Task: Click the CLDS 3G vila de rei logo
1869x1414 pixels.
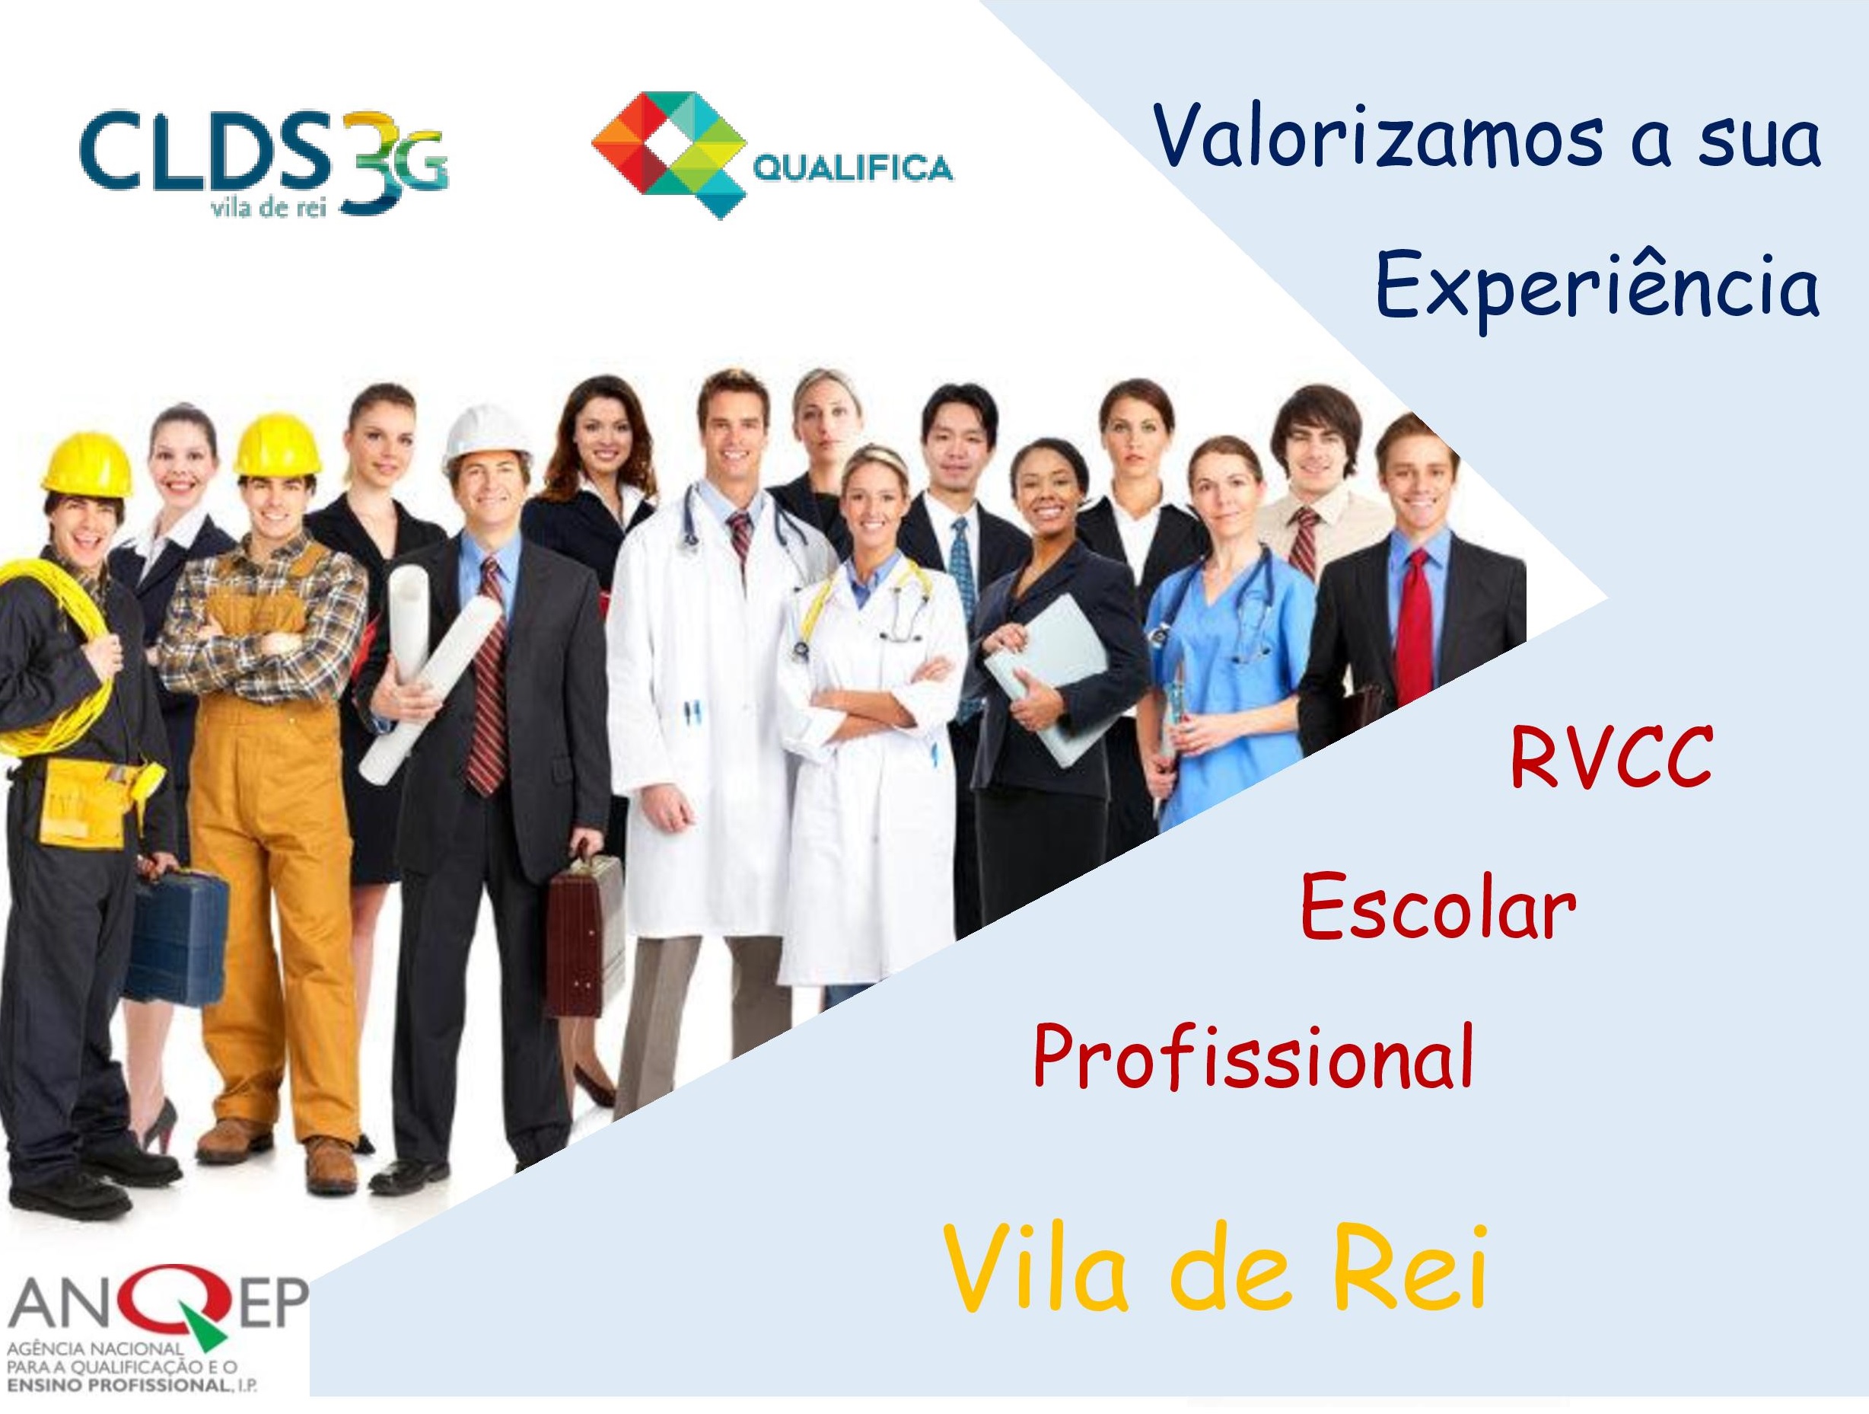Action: point(265,163)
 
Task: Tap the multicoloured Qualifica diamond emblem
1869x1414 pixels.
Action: point(664,155)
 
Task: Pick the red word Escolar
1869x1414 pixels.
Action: point(1438,908)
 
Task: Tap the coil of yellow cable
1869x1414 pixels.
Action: point(51,651)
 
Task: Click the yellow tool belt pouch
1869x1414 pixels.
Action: point(80,798)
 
